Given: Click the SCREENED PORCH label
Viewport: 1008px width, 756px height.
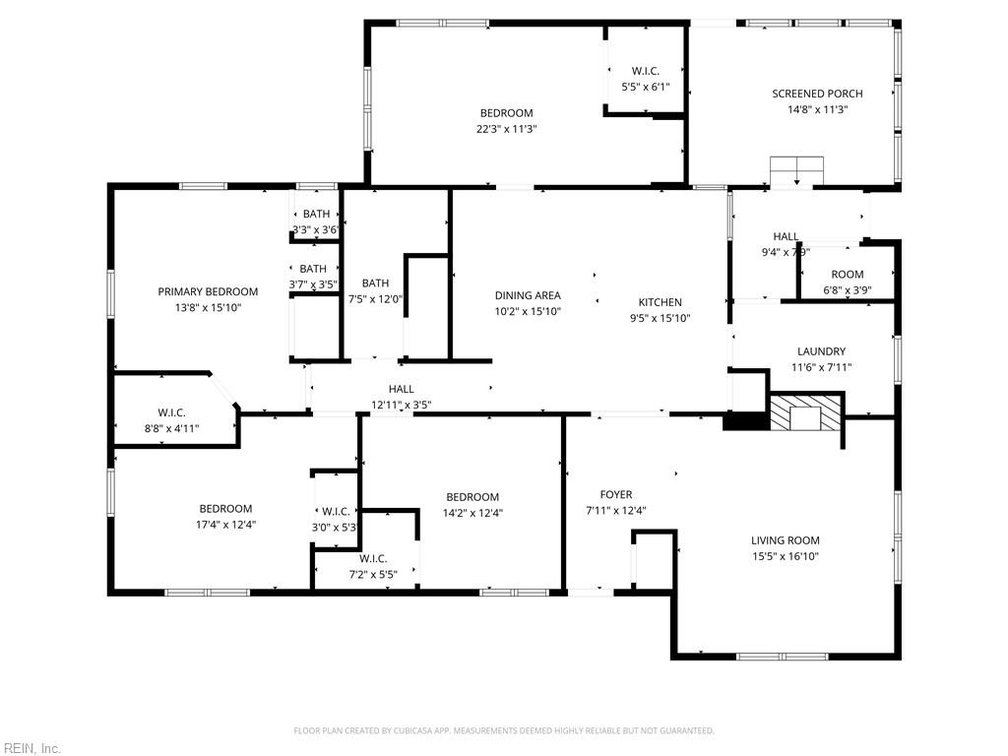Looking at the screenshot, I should click(816, 94).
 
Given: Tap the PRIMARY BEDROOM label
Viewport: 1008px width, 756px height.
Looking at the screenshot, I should click(208, 291).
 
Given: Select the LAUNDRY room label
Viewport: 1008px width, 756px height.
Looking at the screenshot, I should click(821, 351).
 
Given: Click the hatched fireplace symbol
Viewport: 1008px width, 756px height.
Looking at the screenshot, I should click(806, 413).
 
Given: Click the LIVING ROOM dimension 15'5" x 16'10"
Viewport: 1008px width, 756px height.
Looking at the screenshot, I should click(785, 556).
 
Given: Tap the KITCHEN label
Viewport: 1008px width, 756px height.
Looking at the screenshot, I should click(660, 302).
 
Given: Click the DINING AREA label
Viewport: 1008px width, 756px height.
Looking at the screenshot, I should click(528, 295).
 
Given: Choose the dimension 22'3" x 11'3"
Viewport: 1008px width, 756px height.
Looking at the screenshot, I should click(506, 129).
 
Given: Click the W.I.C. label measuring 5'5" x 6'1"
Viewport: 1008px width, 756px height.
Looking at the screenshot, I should click(645, 71).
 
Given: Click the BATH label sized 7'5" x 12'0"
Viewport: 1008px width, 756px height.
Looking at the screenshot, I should click(375, 283).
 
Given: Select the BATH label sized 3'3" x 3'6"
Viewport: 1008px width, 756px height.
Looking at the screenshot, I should click(316, 214).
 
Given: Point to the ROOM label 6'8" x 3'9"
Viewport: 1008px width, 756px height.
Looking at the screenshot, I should click(847, 275).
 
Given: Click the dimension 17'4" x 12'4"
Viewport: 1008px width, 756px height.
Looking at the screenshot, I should click(225, 525).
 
